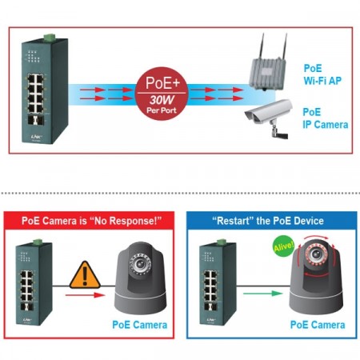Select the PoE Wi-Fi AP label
click(x=323, y=74)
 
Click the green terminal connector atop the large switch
click(x=50, y=37)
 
